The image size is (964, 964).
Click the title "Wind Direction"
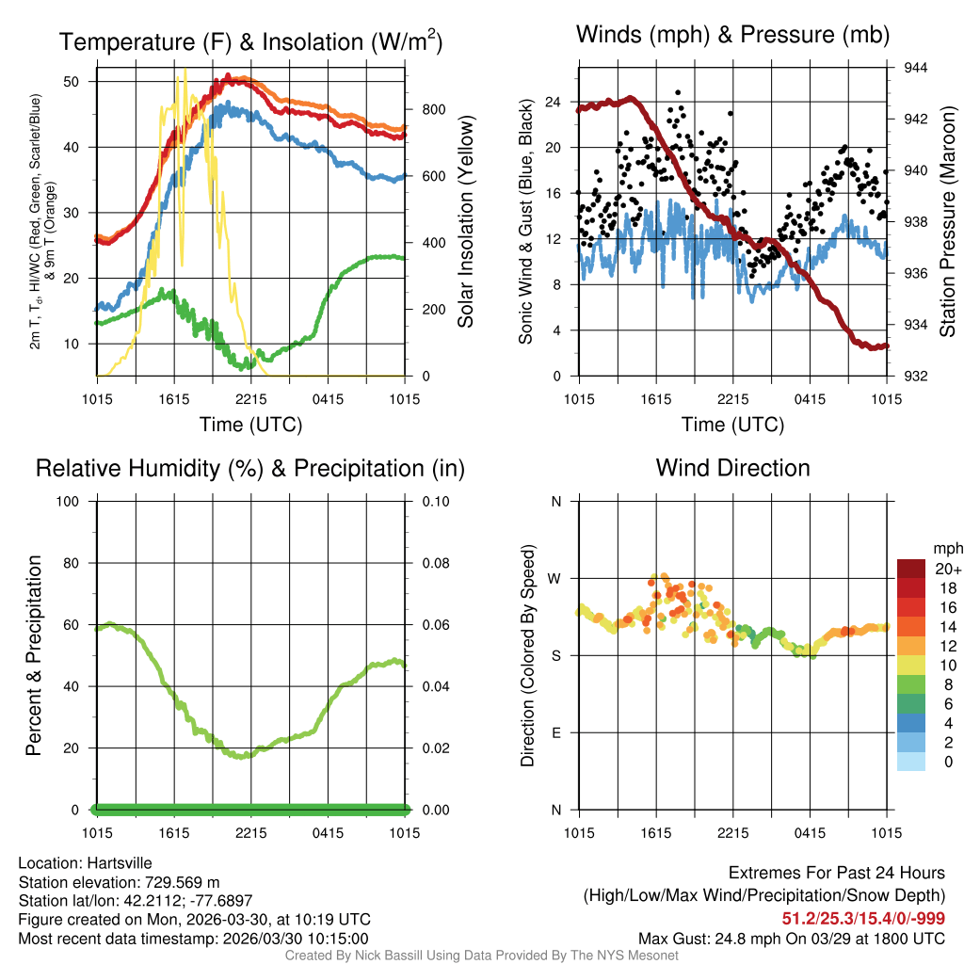point(732,468)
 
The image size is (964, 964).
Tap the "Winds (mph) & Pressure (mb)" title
point(732,36)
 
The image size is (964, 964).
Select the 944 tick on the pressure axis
point(916,68)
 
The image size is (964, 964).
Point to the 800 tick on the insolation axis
point(434,109)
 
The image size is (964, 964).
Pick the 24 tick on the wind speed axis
point(553,102)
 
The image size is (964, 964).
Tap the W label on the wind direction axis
point(555,578)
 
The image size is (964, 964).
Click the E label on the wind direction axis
point(555,732)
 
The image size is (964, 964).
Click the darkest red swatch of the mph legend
point(910,569)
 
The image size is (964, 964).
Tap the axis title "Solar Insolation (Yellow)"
point(465,221)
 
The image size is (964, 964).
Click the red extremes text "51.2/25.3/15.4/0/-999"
point(863,918)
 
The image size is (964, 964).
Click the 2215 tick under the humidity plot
point(251,833)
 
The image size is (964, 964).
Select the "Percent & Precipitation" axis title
point(33,655)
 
